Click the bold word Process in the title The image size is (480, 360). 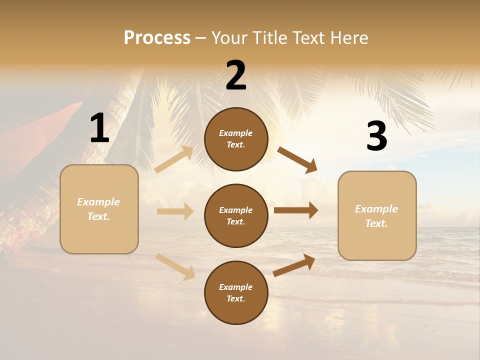point(157,37)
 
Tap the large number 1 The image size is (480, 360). point(99,128)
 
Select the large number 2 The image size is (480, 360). point(236,75)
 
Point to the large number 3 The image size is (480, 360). point(376,136)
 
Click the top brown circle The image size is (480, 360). point(236,139)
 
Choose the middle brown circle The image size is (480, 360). point(236,215)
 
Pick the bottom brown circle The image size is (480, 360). point(236,292)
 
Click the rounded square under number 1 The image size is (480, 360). point(99,209)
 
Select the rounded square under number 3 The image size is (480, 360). point(377,215)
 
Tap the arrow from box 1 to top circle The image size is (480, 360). point(174,159)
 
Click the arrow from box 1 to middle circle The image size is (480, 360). point(175,211)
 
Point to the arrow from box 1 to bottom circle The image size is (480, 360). point(175,266)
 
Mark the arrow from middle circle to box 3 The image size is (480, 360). point(295,210)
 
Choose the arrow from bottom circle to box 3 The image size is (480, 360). point(294,265)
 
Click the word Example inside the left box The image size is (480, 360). point(98,202)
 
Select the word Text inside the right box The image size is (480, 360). point(376,223)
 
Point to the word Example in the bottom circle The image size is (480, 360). point(236,287)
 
